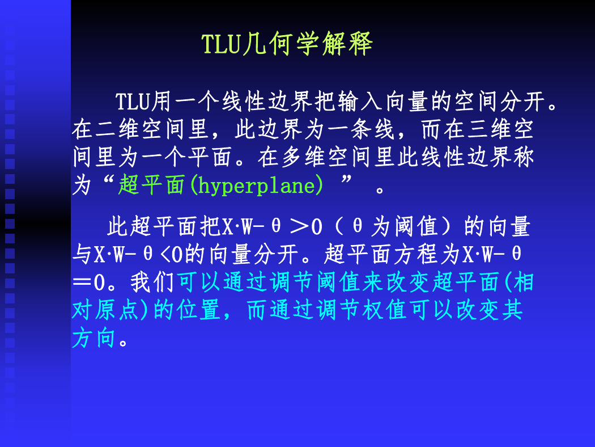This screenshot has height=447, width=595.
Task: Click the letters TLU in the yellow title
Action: click(x=222, y=44)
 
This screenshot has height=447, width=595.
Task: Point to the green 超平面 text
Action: click(x=151, y=185)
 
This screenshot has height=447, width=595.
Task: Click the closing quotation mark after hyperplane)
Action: click(x=346, y=180)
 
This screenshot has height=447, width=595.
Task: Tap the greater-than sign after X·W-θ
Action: click(x=299, y=226)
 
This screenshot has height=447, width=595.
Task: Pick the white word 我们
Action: click(x=152, y=282)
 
